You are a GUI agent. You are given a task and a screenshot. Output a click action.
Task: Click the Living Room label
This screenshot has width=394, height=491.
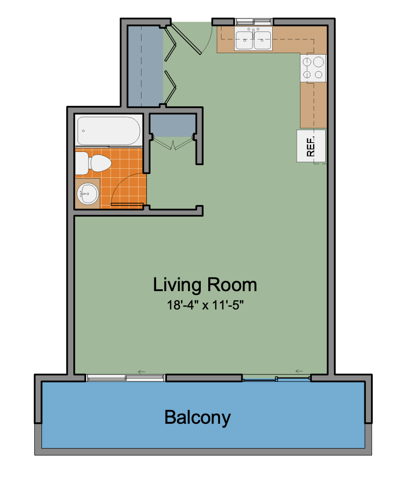click(205, 285)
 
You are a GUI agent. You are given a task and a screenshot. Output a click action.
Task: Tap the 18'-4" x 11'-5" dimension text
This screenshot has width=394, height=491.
click(205, 305)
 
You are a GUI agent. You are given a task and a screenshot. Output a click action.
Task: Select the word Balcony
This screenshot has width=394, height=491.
click(197, 418)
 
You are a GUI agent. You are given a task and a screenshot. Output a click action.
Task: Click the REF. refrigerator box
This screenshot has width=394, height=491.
click(311, 146)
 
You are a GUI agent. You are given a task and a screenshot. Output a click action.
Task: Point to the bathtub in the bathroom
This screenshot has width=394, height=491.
click(109, 131)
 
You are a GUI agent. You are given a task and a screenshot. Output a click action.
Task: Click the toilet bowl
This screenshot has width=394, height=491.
click(101, 163)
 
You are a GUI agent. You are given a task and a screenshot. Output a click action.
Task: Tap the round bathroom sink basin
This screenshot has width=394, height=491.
click(88, 194)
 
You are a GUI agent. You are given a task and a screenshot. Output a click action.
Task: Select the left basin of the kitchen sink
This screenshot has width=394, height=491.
click(244, 40)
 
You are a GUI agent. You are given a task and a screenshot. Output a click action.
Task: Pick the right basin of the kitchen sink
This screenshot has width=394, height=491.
click(262, 40)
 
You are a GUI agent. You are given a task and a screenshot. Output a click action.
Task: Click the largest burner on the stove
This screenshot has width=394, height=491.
click(319, 62)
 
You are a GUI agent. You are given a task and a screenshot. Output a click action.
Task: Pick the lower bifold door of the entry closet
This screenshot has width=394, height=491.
click(170, 87)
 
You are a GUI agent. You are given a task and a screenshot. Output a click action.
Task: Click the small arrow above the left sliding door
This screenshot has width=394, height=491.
click(142, 372)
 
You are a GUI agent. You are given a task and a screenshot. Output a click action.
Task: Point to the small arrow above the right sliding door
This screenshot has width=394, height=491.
click(299, 371)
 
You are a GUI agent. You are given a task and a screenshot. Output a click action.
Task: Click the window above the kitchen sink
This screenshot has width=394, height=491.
click(253, 22)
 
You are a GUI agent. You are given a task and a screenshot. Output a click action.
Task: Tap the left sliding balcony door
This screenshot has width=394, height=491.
click(126, 378)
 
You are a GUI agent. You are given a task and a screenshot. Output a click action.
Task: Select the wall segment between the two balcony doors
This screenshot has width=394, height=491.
click(204, 378)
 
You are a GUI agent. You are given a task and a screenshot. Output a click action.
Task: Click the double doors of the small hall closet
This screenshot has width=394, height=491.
click(173, 143)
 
